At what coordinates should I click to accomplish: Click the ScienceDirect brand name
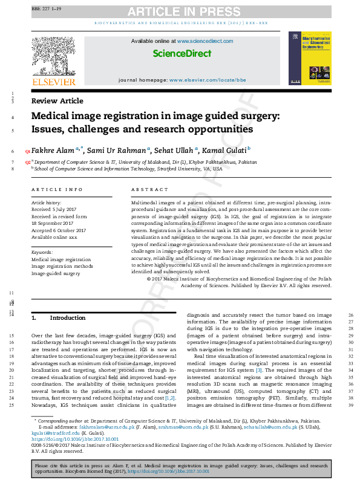coord(182,54)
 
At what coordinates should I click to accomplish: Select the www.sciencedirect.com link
coord(205,41)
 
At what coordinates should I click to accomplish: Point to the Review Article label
coord(57,101)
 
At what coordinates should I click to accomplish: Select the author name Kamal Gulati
coord(221,150)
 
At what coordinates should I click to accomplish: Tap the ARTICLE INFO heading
coord(57,189)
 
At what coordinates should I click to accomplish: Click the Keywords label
coord(42,251)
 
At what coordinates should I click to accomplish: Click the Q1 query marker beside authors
coord(27,151)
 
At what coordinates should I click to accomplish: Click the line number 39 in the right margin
coord(351,404)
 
